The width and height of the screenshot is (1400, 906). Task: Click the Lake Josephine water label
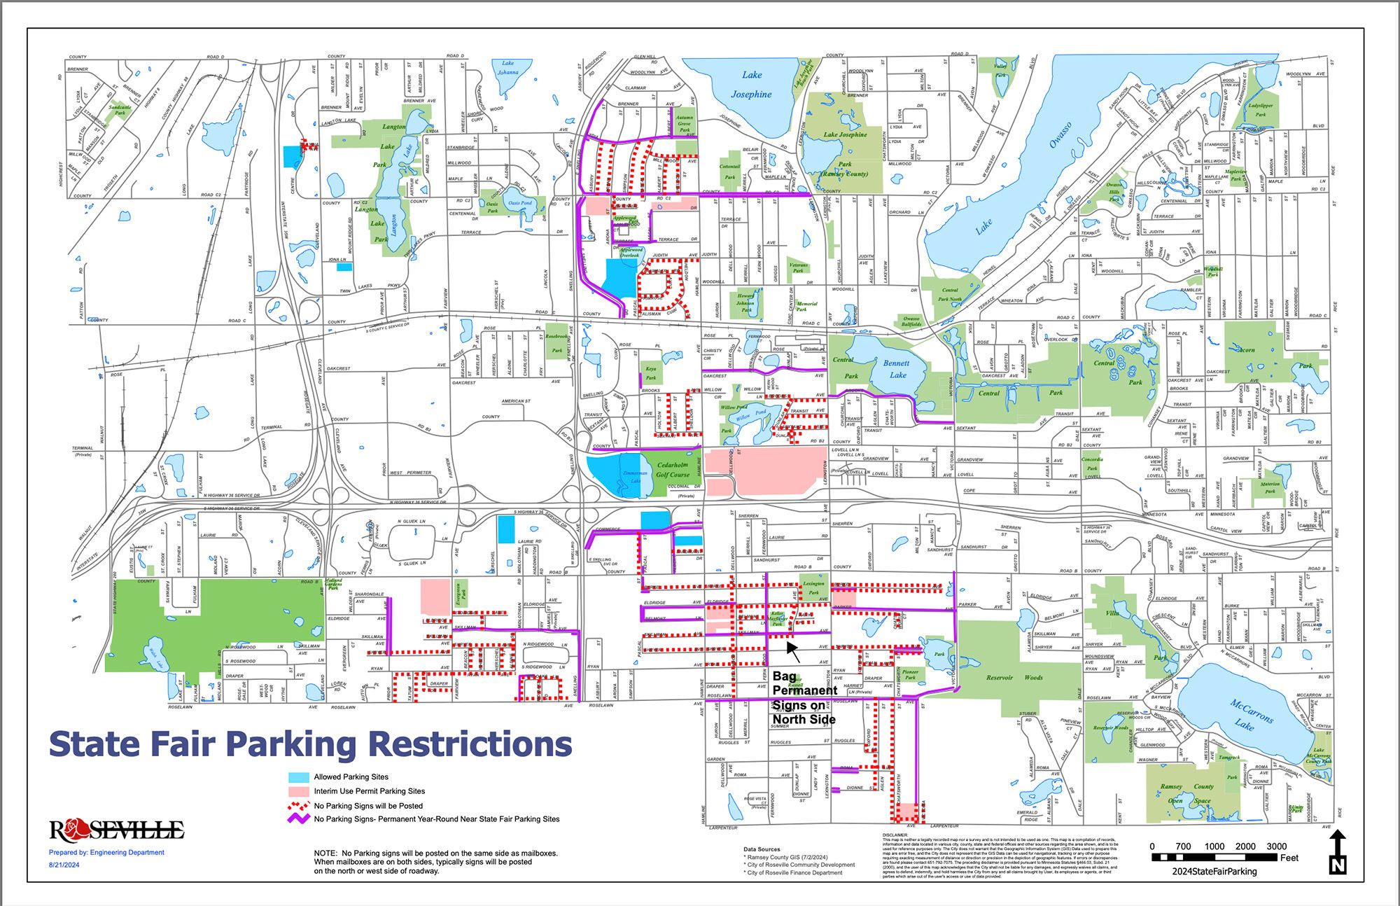coord(751,85)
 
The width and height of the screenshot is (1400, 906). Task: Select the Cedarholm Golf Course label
coord(672,469)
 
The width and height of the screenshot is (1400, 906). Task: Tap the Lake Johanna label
coord(507,67)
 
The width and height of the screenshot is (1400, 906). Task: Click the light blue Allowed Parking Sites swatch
coord(299,777)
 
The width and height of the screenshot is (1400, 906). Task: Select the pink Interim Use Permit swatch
coord(299,791)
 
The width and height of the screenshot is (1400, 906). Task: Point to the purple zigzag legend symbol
coord(299,818)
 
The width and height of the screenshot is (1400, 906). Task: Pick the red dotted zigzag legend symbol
coord(299,805)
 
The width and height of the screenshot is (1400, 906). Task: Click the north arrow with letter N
coord(1338,852)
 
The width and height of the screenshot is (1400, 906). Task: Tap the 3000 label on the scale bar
coord(1276,846)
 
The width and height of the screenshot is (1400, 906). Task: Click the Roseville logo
coord(116,830)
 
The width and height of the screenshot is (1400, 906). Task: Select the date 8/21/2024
coord(64,865)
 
